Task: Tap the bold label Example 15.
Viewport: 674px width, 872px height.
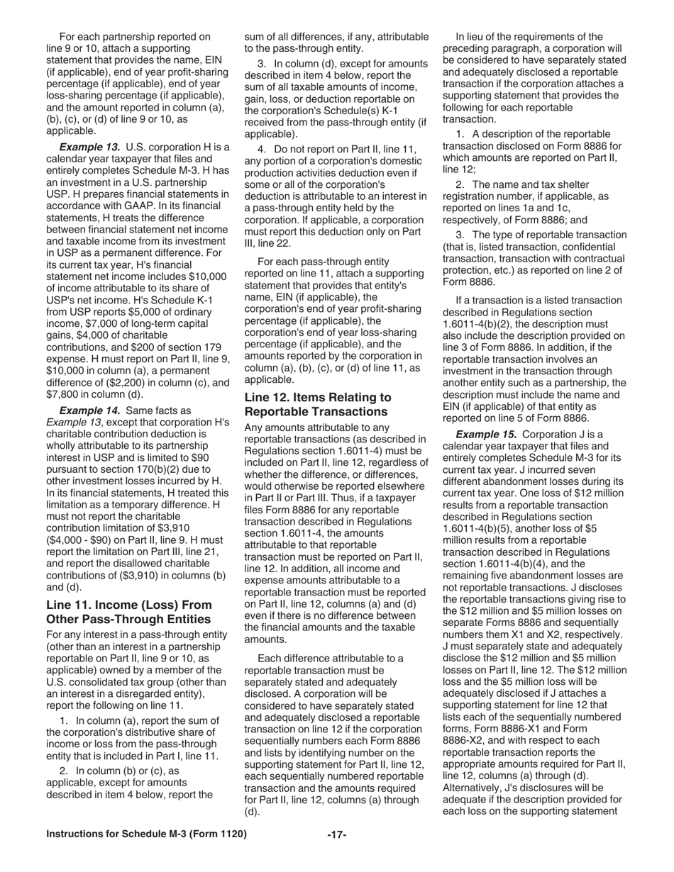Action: click(x=486, y=434)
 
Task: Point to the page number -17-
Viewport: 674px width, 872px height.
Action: click(x=336, y=834)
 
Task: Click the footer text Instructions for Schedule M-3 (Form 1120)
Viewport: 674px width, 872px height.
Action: click(x=146, y=834)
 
